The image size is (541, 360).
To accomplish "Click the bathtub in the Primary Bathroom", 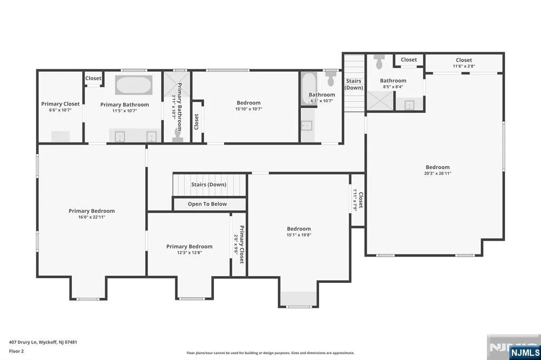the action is (134, 85).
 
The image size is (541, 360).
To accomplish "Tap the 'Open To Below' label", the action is (207, 204).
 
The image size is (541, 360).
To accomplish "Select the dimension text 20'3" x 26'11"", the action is (437, 174).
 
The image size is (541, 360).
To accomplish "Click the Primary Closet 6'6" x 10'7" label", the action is (60, 107).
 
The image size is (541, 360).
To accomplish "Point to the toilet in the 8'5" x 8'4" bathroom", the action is (379, 62).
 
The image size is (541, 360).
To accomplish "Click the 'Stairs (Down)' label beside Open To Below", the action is (209, 184).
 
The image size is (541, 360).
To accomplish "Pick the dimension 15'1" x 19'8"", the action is (299, 235).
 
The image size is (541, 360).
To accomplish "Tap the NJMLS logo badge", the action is (525, 352).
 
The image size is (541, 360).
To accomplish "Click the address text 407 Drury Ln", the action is (23, 343).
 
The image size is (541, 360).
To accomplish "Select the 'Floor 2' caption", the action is (16, 352).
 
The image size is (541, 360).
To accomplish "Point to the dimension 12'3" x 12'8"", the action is (190, 252).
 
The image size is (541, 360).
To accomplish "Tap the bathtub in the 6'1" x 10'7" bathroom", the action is (309, 88).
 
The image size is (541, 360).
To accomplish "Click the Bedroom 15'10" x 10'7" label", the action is (248, 106).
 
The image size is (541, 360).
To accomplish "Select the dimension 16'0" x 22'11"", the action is (92, 217).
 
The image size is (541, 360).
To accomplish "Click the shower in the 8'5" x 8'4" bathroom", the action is (380, 101).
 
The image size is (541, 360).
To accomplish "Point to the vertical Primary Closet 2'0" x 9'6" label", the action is (239, 244).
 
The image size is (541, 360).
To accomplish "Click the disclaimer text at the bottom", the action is (270, 353).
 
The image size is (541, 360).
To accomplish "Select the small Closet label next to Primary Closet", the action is (93, 78).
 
